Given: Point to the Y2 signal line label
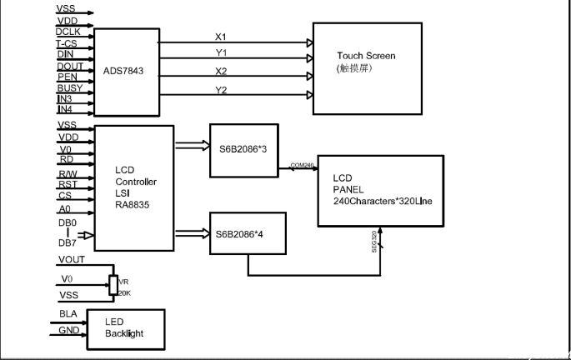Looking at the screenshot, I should tap(221, 89).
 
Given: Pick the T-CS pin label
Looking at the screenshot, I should tap(67, 42).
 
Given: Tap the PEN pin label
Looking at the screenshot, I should tap(66, 76).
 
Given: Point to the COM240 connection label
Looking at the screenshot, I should tap(302, 165).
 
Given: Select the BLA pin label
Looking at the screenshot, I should tap(68, 314).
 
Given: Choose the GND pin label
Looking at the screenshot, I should tap(68, 330).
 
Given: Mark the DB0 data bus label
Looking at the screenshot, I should tap(68, 223).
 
